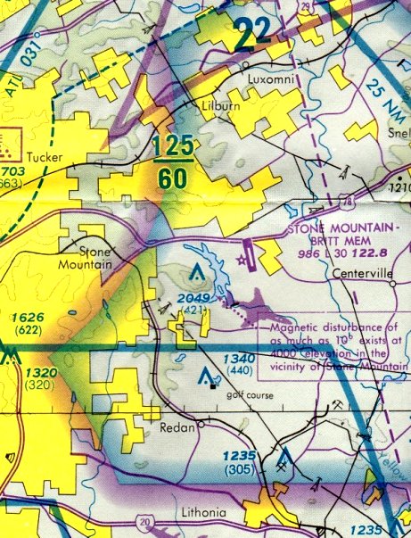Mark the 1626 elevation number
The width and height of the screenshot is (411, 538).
coord(25,317)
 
